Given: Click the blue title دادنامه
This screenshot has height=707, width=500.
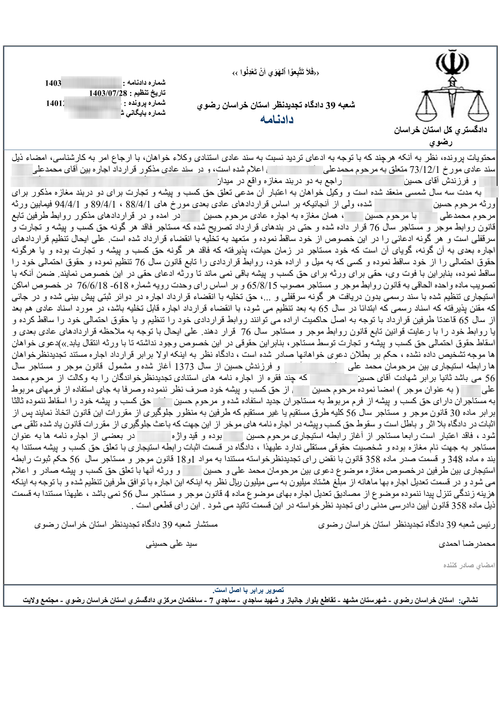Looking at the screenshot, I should click(x=277, y=119).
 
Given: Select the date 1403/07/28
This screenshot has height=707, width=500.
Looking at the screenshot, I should click(x=105, y=93).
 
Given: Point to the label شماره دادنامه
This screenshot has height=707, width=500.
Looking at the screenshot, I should click(x=146, y=82).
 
